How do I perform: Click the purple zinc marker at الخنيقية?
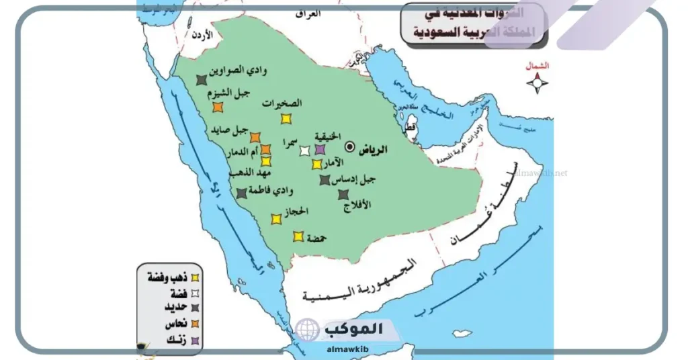320,149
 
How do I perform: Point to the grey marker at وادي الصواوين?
201,80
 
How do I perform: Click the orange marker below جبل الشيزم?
217,107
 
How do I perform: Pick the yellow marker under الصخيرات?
286,119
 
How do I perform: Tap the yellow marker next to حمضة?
298,236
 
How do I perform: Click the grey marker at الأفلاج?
343,195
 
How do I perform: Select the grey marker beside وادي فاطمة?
241,193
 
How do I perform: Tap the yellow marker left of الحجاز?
275,219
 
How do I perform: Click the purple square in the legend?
196,341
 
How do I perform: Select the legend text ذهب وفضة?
165,277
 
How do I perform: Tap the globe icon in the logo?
307,330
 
